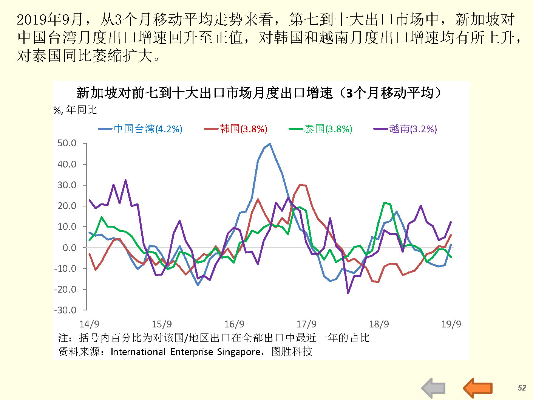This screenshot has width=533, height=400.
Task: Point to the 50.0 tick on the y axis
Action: [67, 143]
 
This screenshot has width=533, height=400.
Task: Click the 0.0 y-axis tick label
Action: [69, 248]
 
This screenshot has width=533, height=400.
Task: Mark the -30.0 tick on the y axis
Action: [65, 310]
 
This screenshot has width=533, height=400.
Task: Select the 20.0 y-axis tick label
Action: [67, 206]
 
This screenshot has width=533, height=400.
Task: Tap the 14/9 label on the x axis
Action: [89, 324]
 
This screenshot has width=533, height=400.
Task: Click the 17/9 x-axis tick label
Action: [306, 324]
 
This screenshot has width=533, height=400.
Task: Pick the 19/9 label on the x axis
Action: [451, 324]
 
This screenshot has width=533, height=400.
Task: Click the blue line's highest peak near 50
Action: [270, 144]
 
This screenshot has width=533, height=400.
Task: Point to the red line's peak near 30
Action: [301, 184]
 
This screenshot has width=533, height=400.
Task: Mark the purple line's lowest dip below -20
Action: [348, 293]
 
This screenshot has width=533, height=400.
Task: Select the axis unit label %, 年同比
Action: [75, 110]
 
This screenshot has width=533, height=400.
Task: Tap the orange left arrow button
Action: [478, 388]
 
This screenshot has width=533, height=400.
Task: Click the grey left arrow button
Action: [434, 388]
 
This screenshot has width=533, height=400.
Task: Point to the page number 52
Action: [522, 388]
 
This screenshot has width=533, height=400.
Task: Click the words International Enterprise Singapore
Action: [185, 352]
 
